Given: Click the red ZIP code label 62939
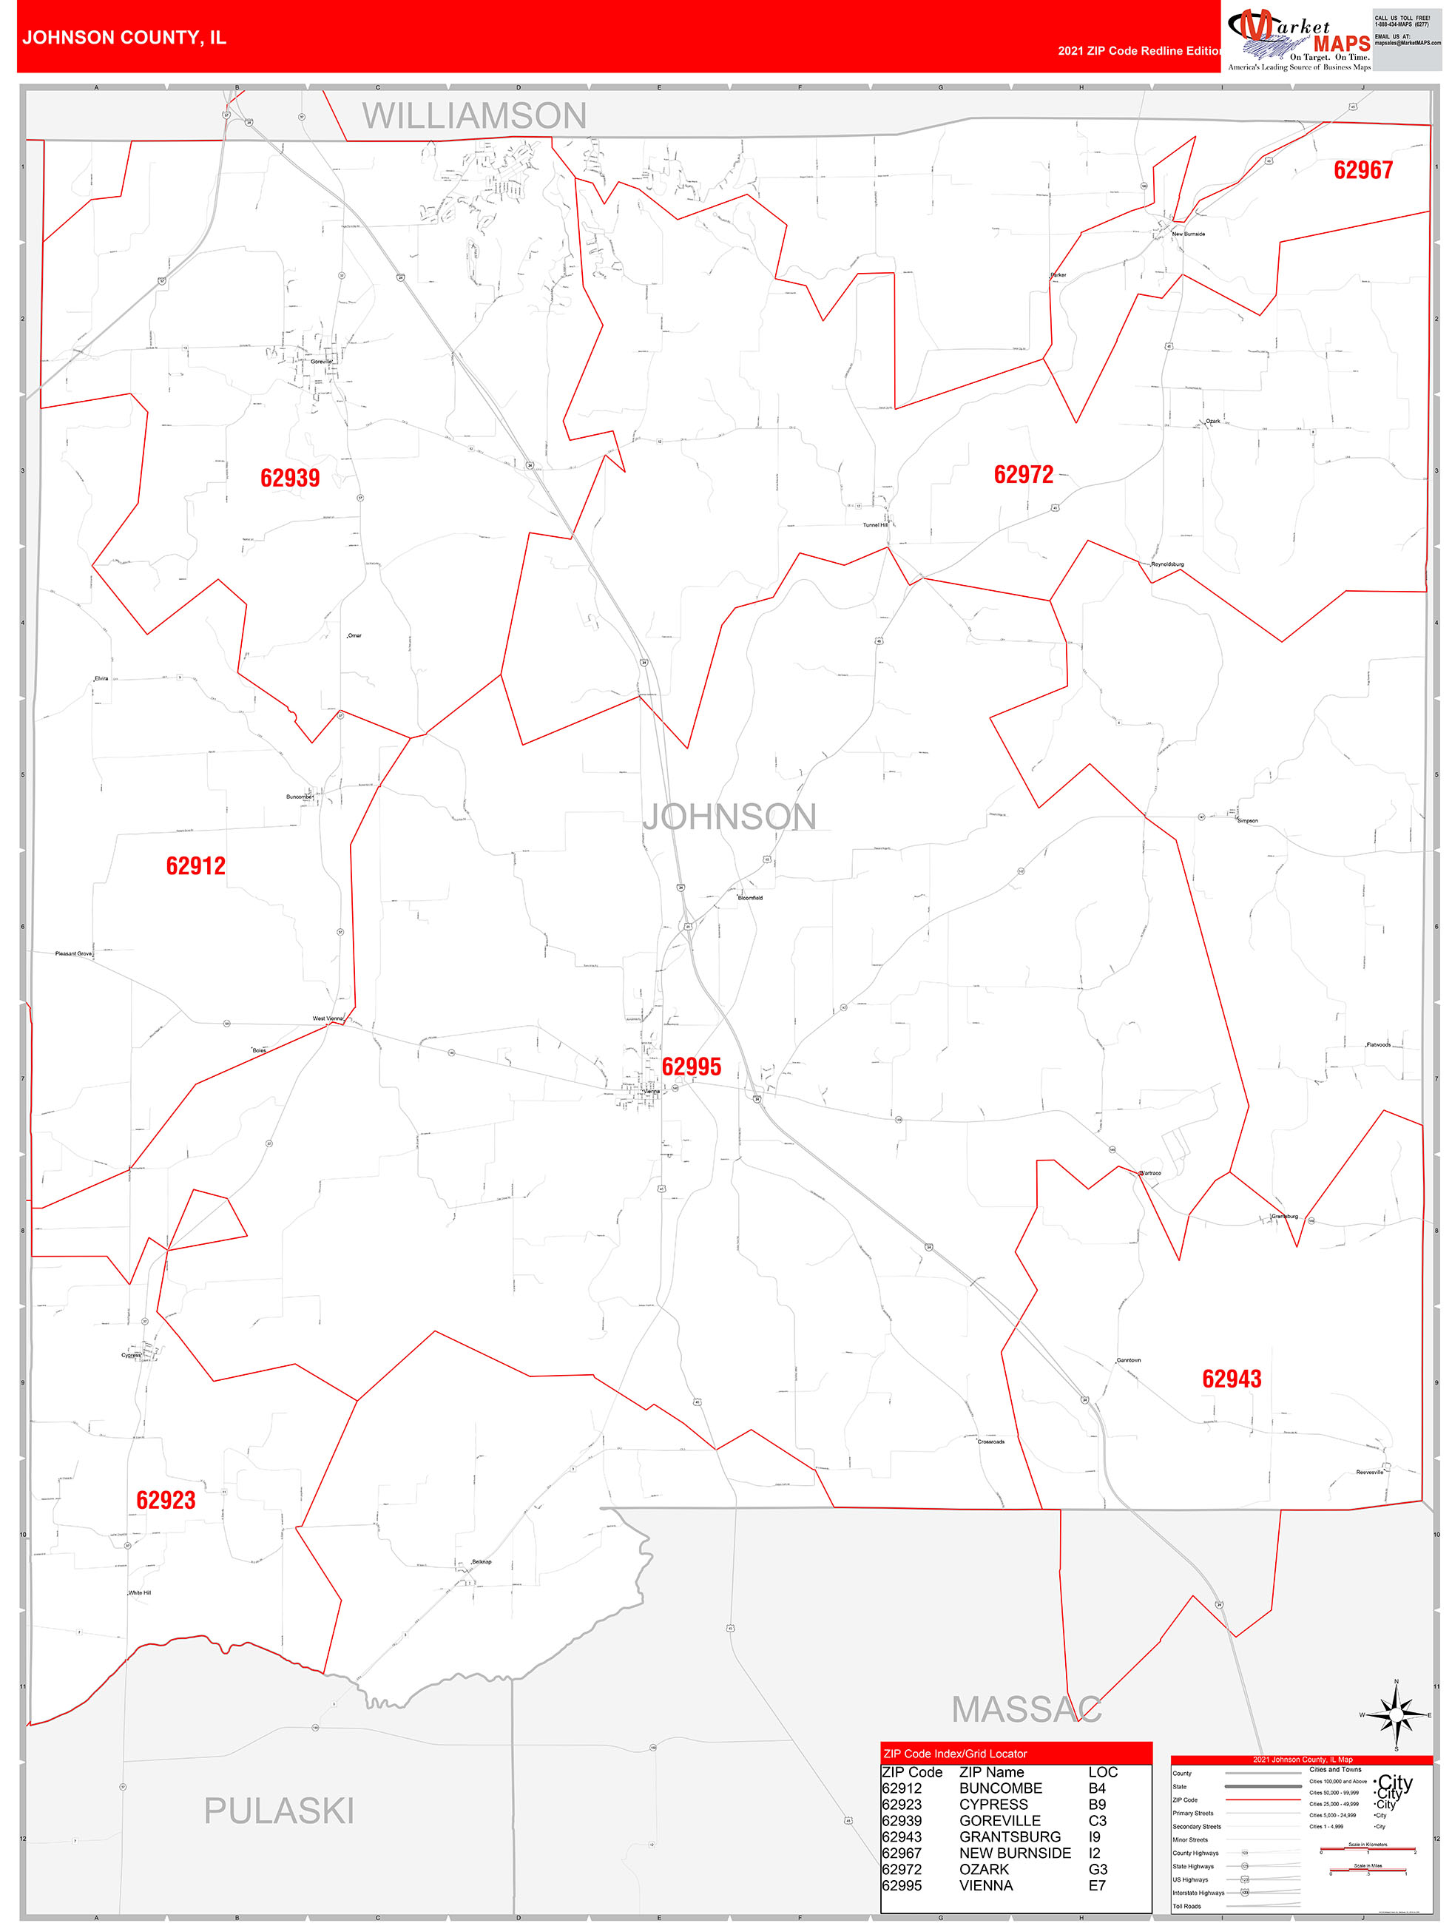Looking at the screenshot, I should pos(289,478).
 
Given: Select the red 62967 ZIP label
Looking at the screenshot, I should pos(1362,170).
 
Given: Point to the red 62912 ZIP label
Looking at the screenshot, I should pos(195,866).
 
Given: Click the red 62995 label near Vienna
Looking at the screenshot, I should pos(691,1067).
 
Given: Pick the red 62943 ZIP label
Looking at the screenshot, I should pos(1231,1379).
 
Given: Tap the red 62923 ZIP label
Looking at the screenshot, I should pos(166,1500).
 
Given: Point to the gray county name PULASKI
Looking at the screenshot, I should pos(278,1811).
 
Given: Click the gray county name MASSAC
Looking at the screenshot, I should pos(1026,1709).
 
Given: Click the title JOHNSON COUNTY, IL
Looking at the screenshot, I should pos(124,38).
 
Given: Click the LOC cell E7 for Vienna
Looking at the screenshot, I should pos(1096,1885).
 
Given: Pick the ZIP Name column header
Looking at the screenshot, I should pos(991,1771).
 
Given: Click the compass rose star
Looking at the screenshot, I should pos(1397,1714).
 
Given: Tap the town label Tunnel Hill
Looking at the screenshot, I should pos(875,525).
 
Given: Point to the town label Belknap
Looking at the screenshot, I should pos(481,1561).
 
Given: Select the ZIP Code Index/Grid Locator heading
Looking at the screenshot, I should pos(955,1754).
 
